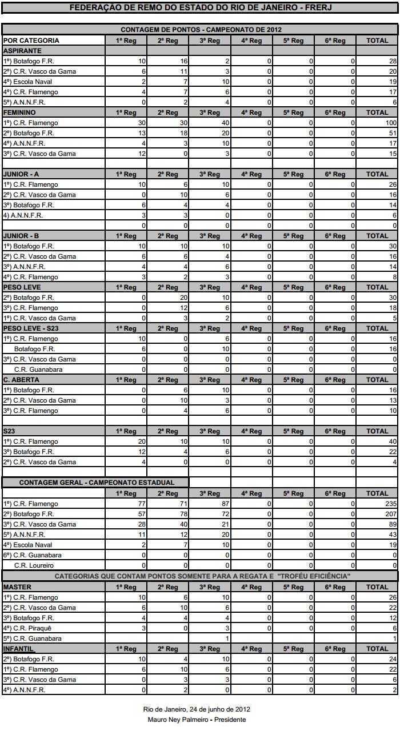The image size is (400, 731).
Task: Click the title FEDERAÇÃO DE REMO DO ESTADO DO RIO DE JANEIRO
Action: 200,8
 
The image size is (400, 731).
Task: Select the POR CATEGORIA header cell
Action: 31,41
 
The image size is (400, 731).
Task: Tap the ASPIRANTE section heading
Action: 22,51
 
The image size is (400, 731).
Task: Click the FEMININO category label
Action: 19,113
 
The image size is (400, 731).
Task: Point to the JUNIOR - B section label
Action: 21,235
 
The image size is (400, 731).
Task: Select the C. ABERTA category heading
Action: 21,379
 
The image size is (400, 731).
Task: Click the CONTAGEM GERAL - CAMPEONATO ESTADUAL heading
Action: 96,483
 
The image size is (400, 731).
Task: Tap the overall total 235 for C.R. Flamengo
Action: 389,504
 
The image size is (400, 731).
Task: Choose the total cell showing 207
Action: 389,514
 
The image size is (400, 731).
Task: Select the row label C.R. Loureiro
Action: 34,565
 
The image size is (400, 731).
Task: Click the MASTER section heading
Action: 17,587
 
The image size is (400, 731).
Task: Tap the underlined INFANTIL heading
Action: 19,649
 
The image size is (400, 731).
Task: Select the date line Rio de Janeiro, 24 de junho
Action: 196,709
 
